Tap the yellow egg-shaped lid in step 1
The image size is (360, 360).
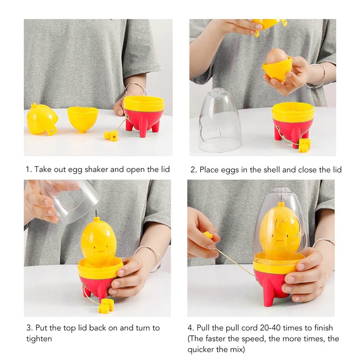tap(41, 119)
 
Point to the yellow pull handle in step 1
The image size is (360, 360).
tap(111, 135)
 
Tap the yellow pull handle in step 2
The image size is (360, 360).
tap(305, 144)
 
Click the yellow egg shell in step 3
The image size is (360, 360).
tap(100, 241)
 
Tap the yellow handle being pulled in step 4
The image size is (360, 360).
tap(208, 236)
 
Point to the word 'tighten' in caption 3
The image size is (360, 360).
tap(38, 338)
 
